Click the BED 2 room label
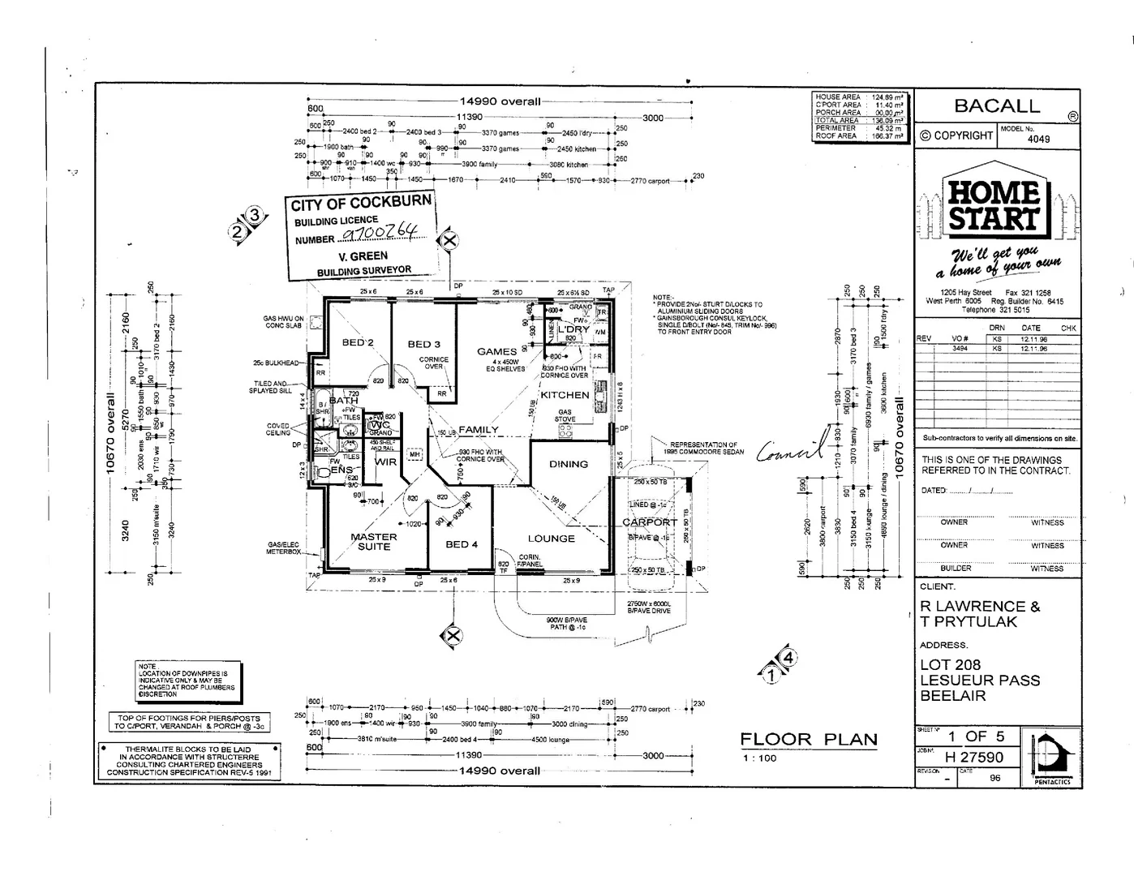pyautogui.click(x=358, y=342)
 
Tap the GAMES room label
pyautogui.click(x=496, y=351)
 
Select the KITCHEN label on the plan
pyautogui.click(x=565, y=395)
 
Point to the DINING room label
pyautogui.click(x=568, y=464)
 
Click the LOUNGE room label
pyautogui.click(x=551, y=538)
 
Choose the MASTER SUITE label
pyautogui.click(x=374, y=541)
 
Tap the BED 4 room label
pyautogui.click(x=462, y=543)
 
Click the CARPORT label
pyautogui.click(x=649, y=522)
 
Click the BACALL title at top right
pyautogui.click(x=997, y=106)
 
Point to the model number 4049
pyautogui.click(x=1038, y=139)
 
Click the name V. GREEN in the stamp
pyautogui.click(x=363, y=256)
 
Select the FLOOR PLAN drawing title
pyautogui.click(x=808, y=739)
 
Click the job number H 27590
pyautogui.click(x=973, y=758)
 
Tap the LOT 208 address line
pyautogui.click(x=952, y=665)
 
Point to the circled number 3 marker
pyautogui.click(x=255, y=216)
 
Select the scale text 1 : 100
pyautogui.click(x=759, y=758)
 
